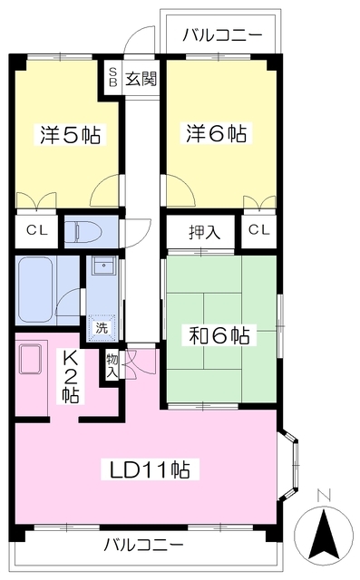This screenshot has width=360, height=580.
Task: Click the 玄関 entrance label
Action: pos(141,79)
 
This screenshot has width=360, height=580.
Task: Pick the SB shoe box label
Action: pos(113,79)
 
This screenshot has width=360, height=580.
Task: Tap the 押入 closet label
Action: pos(204,231)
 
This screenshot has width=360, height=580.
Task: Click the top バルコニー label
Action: pos(222,36)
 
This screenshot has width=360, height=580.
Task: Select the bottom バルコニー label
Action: pos(142,546)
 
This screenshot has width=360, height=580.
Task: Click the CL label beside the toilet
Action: pos(36,231)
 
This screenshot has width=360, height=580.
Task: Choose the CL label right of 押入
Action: pos(258,231)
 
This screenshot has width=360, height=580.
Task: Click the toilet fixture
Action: pos(87,232)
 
